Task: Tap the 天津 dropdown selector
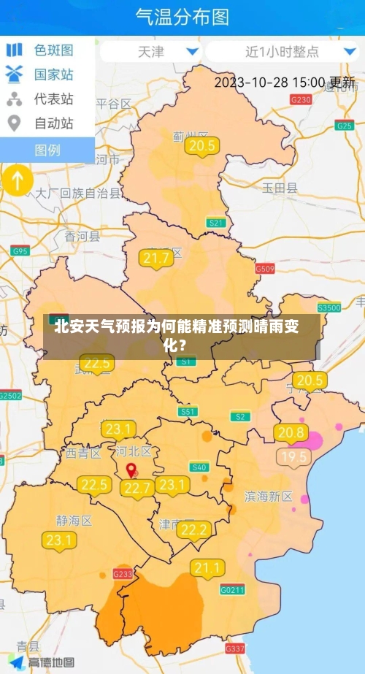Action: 152,52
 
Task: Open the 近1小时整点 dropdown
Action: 282,52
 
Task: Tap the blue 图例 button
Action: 47,150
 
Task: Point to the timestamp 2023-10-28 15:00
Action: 270,83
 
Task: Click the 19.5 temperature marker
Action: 294,458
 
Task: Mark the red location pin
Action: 131,471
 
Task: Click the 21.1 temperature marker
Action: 207,568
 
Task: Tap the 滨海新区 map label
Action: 267,496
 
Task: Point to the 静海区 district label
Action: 74,521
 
